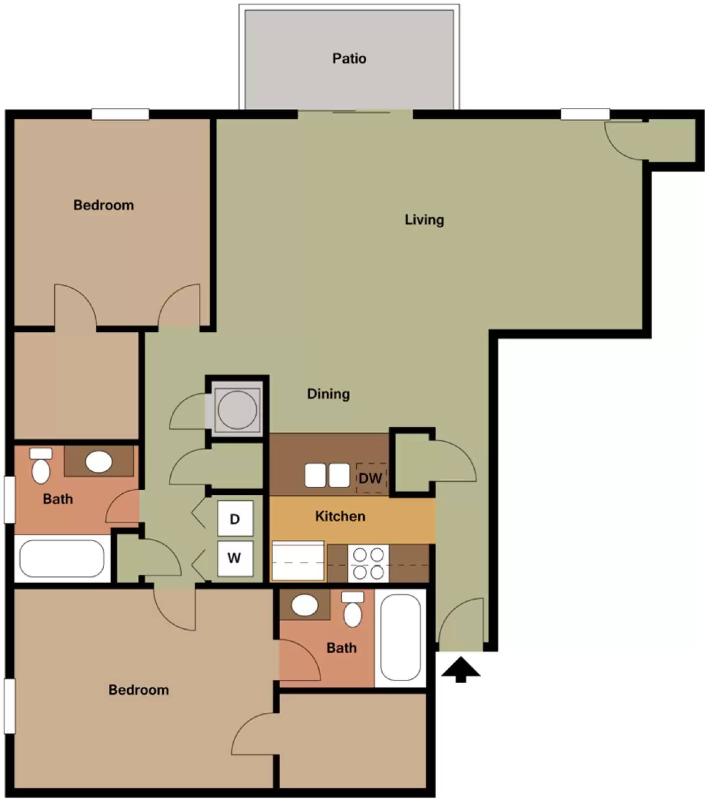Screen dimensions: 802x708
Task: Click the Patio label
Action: (x=349, y=59)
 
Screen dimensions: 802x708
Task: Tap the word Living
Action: (x=424, y=220)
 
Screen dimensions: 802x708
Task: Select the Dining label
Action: (x=328, y=393)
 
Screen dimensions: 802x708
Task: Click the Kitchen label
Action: (x=340, y=516)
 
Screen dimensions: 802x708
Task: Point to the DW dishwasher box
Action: (x=371, y=478)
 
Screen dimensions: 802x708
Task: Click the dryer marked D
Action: (x=235, y=519)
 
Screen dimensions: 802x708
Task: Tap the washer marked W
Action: (x=234, y=557)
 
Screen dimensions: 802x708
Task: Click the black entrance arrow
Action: (x=460, y=670)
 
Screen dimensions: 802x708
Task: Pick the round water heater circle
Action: (x=237, y=409)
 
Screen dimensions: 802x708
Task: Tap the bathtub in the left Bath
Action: (x=62, y=558)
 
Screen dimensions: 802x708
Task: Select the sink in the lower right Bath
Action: (x=305, y=605)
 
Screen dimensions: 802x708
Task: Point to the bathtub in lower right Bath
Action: (x=400, y=637)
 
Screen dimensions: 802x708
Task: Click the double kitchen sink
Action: (x=327, y=475)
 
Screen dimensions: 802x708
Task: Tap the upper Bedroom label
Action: (x=104, y=205)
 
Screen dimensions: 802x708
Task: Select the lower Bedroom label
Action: (x=139, y=690)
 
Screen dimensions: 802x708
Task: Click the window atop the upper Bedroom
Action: (x=120, y=114)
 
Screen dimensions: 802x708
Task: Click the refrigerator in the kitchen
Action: (x=298, y=561)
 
